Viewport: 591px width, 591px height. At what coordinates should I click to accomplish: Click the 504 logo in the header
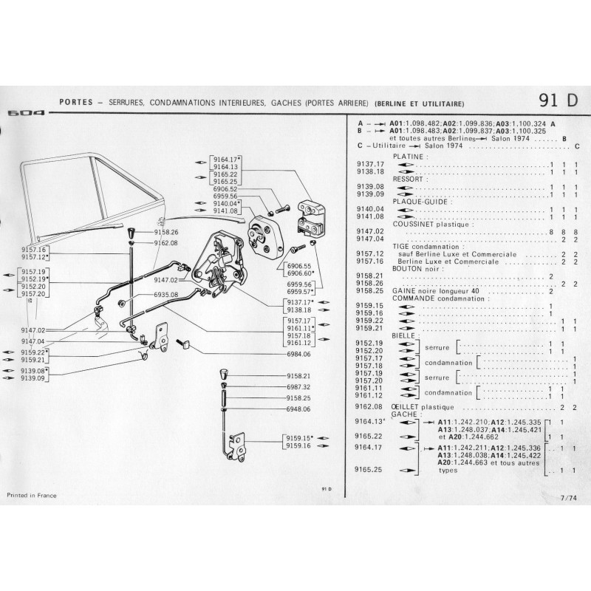pyautogui.click(x=26, y=113)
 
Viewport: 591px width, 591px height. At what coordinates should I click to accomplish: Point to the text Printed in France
pyautogui.click(x=32, y=496)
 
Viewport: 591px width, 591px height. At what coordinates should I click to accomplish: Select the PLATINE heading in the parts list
pyautogui.click(x=409, y=157)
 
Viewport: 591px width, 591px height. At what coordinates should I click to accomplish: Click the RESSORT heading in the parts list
pyautogui.click(x=409, y=179)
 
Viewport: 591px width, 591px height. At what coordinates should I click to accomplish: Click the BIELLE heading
pyautogui.click(x=405, y=335)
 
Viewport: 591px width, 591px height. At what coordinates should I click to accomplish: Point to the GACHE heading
pyautogui.click(x=403, y=415)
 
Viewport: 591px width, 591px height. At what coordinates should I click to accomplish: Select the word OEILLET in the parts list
pyautogui.click(x=409, y=407)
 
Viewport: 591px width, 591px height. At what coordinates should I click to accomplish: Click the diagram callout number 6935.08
pyautogui.click(x=166, y=295)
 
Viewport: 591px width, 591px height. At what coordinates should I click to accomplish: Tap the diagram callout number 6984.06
pyautogui.click(x=300, y=354)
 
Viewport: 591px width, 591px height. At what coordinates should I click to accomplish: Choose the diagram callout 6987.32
pyautogui.click(x=300, y=386)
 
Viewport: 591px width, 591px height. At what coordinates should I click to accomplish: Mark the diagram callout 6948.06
pyautogui.click(x=300, y=408)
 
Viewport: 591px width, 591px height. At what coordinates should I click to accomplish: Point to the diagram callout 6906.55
pyautogui.click(x=300, y=265)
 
